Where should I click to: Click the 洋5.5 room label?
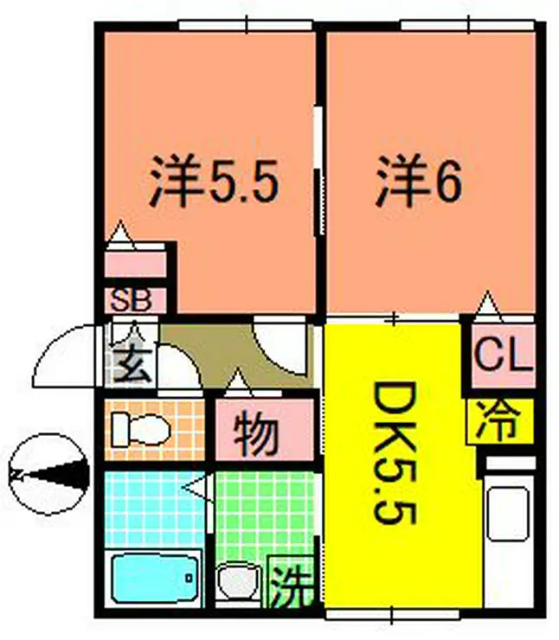pos(214,181)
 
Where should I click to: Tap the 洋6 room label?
pos(419,181)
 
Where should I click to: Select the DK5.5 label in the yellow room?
pos(394,453)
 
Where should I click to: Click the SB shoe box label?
pos(131,300)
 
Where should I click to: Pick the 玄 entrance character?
pos(132,364)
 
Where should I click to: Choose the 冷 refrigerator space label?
pos(499,421)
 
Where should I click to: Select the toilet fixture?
pos(140,430)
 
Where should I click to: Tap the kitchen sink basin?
pos(507,514)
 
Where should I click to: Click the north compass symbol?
pos(49,474)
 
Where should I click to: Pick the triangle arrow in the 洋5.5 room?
pos(120,235)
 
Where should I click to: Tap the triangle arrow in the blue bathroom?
pos(196,487)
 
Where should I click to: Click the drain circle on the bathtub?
pos(189,578)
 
